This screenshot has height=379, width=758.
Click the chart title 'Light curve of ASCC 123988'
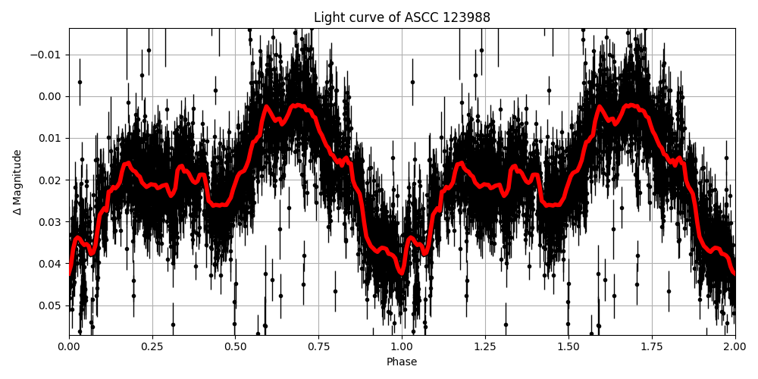402,17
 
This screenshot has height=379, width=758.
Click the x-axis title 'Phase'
402,362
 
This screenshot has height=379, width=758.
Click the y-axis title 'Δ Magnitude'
17,182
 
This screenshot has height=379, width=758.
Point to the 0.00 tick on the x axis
69,346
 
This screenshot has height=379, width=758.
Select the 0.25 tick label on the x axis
152,346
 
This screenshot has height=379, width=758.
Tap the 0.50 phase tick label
235,346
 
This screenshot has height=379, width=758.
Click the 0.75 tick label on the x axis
318,346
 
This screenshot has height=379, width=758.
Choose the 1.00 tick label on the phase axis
402,346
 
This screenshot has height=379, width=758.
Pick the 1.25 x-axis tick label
485,346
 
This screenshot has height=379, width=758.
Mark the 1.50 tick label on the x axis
568,346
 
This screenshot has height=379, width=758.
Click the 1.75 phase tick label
651,346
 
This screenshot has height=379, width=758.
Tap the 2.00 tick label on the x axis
735,346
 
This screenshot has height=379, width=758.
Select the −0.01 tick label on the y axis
48,55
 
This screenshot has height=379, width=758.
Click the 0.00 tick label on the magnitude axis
51,96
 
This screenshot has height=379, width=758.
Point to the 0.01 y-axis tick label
51,138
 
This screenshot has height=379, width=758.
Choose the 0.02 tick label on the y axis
51,180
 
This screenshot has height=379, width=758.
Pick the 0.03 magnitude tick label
51,222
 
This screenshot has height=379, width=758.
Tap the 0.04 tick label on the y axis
51,264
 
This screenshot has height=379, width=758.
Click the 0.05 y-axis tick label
51,305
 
